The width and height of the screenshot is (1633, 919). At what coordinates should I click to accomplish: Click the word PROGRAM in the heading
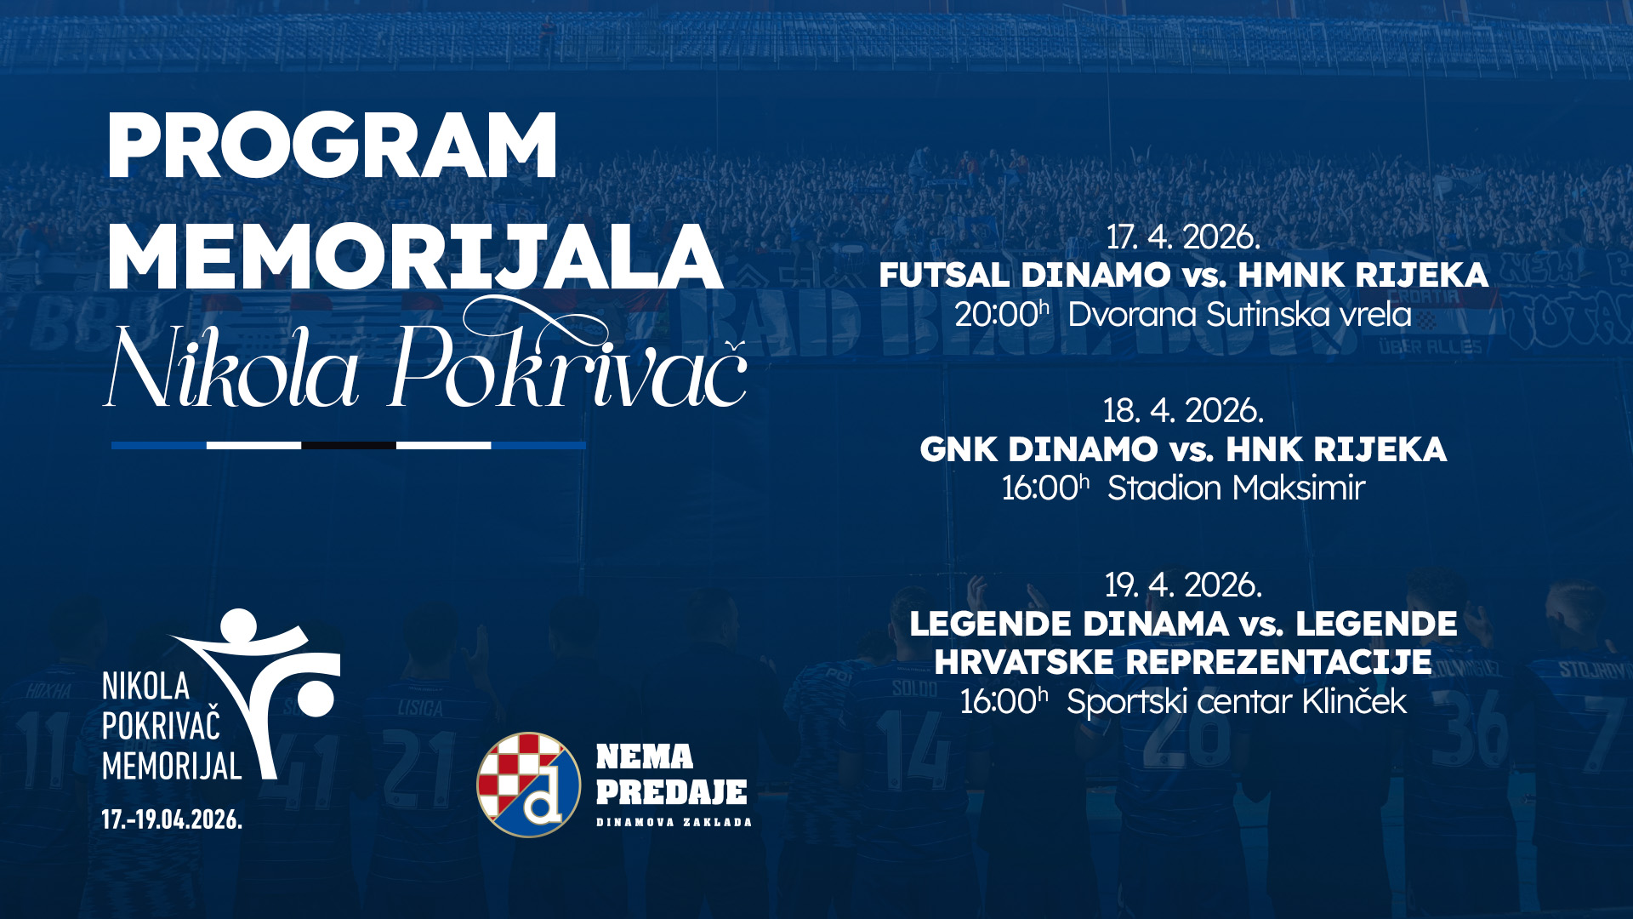(333, 146)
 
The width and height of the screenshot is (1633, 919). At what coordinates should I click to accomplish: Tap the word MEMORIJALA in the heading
(416, 258)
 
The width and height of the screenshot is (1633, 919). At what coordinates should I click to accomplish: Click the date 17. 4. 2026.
(1183, 237)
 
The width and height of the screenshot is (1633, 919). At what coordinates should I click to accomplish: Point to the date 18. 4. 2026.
(1183, 411)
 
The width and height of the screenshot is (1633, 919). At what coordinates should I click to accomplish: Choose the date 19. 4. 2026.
(1183, 585)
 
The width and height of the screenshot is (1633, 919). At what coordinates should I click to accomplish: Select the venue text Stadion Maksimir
(1236, 488)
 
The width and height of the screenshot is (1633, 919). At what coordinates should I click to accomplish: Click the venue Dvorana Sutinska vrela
(1240, 315)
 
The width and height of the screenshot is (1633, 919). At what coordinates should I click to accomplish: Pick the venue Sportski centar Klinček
(1237, 702)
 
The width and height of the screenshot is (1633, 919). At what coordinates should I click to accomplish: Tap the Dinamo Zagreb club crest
(528, 785)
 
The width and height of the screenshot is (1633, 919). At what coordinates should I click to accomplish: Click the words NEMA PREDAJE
(671, 774)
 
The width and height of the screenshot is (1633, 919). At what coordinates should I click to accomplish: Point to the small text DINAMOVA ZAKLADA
(674, 822)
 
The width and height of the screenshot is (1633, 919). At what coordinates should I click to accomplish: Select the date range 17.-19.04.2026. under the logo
(172, 819)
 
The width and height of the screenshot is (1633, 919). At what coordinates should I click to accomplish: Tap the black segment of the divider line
(349, 445)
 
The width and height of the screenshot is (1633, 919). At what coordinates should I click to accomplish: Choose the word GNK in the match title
(959, 450)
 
